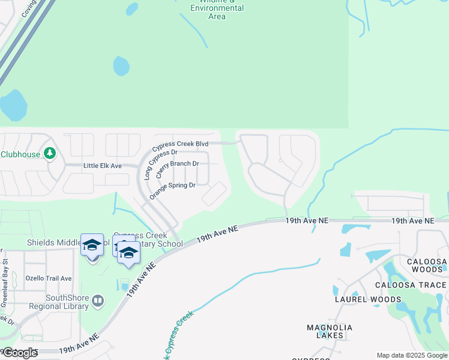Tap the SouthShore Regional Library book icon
click(x=98, y=300)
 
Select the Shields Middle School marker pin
click(x=92, y=247)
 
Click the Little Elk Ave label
click(x=103, y=166)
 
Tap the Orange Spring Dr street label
click(x=173, y=190)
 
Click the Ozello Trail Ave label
click(x=48, y=278)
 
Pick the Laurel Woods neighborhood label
click(x=368, y=299)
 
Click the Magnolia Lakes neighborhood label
click(x=330, y=332)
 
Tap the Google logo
click(x=20, y=353)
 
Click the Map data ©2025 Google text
click(x=411, y=355)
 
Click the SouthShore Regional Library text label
click(x=67, y=302)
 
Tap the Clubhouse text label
click(x=20, y=154)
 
